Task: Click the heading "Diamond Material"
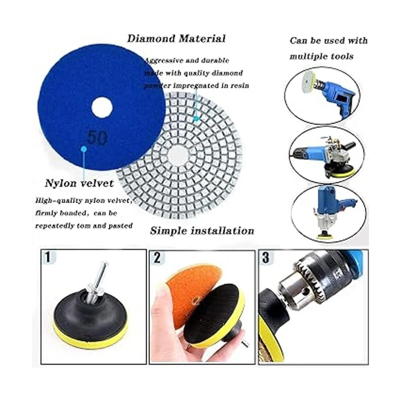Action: [x=176, y=39]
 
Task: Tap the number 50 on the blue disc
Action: [x=97, y=138]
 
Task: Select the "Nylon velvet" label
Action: [x=79, y=183]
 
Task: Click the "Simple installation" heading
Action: [x=202, y=231]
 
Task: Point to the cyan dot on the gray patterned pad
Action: [x=196, y=119]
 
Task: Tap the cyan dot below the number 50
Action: [x=84, y=149]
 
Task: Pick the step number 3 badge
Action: [x=266, y=258]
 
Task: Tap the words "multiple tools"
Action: [x=321, y=56]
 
